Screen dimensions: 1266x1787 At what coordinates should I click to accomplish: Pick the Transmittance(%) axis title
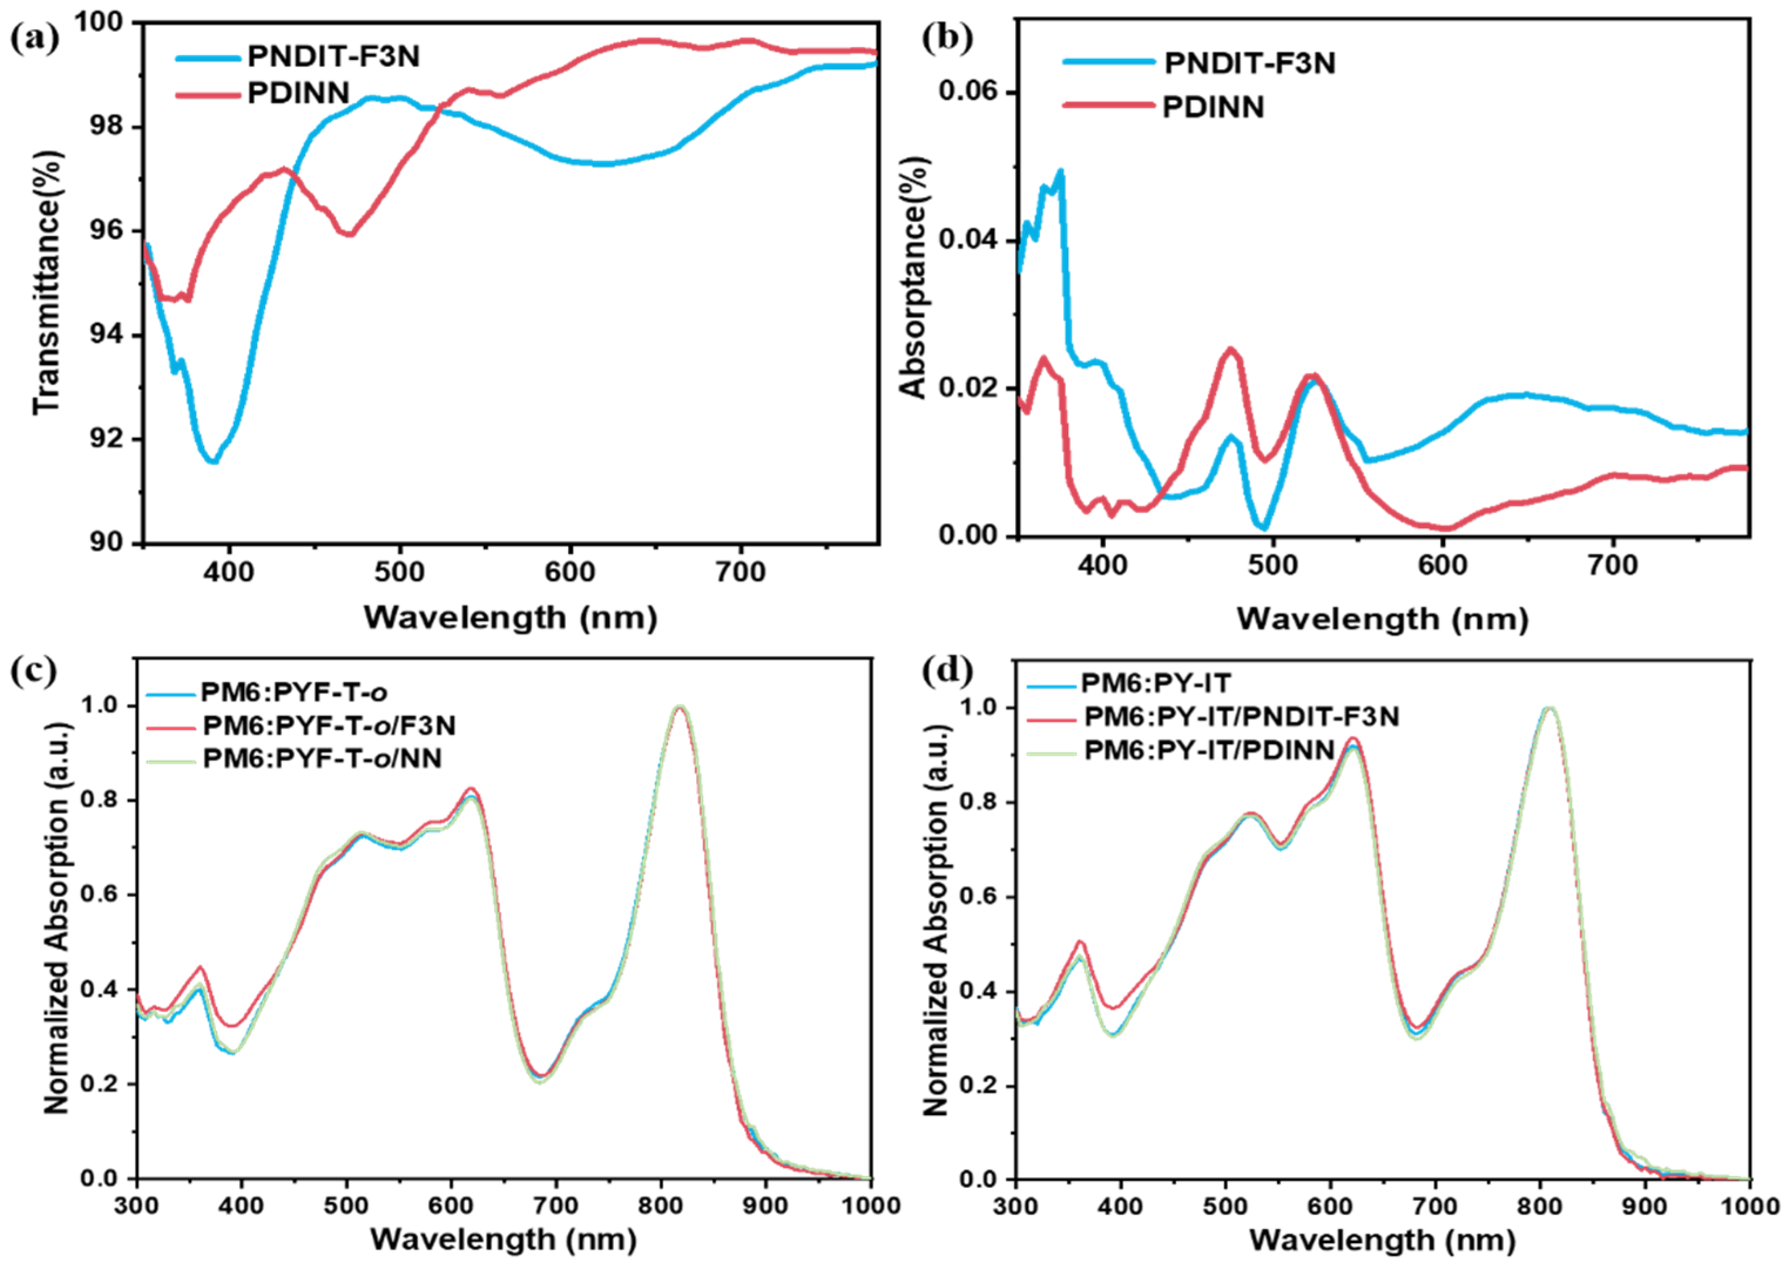(47, 283)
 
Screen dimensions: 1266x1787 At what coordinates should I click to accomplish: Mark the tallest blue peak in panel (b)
(1059, 171)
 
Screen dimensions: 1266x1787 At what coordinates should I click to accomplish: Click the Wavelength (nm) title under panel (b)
(1381, 620)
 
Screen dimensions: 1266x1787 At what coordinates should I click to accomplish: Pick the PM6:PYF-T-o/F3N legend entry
(328, 726)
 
